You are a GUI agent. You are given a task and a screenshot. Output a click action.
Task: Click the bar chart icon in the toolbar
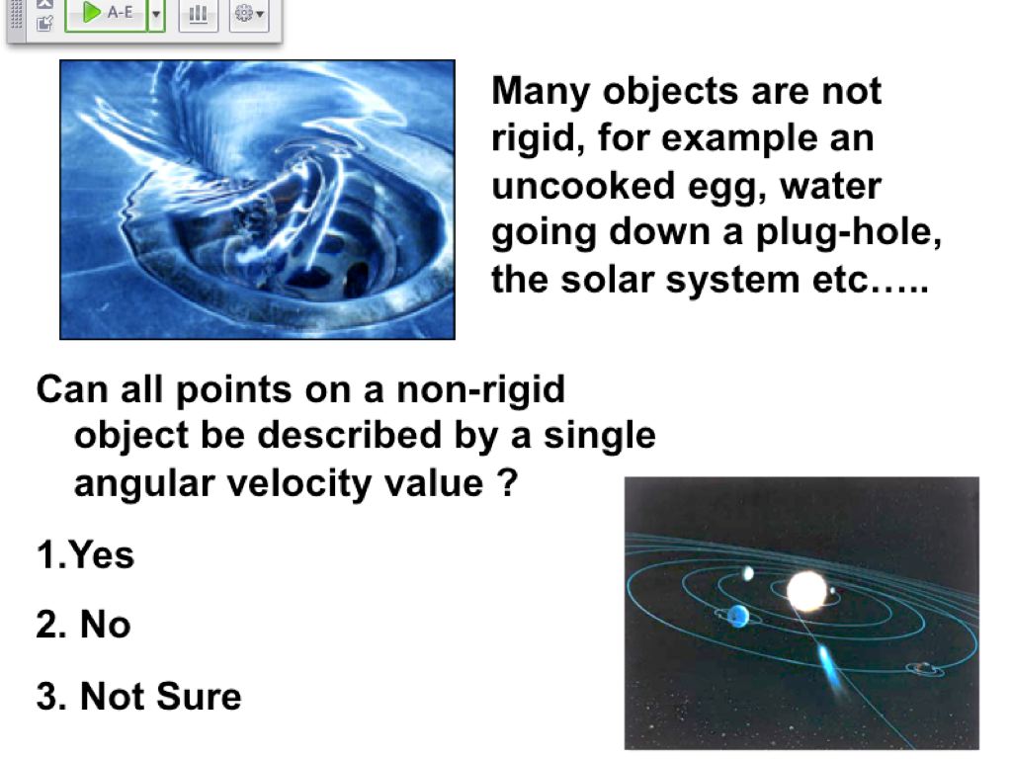pyautogui.click(x=198, y=13)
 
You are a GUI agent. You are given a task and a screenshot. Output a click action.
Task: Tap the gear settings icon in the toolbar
pyautogui.click(x=249, y=13)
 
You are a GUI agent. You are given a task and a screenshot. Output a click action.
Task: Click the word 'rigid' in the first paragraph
pyautogui.click(x=539, y=138)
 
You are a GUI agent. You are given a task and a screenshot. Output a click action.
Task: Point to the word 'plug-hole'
pyautogui.click(x=848, y=232)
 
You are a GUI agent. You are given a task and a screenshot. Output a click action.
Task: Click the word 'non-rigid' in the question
pyautogui.click(x=480, y=389)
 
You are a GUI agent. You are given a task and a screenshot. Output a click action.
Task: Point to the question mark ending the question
pyautogui.click(x=507, y=482)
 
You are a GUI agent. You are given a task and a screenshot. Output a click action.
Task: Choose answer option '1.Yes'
pyautogui.click(x=85, y=554)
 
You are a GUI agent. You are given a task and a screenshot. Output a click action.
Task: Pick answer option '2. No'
pyautogui.click(x=83, y=625)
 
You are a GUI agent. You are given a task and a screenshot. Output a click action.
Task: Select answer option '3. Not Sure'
pyautogui.click(x=138, y=696)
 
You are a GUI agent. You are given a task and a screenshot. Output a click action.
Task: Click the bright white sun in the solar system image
pyautogui.click(x=806, y=591)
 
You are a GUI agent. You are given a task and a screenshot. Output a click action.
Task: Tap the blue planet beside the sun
pyautogui.click(x=737, y=616)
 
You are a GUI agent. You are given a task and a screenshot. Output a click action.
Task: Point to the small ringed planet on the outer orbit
pyautogui.click(x=924, y=668)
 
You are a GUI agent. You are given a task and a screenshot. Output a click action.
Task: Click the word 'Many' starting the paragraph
pyautogui.click(x=541, y=92)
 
